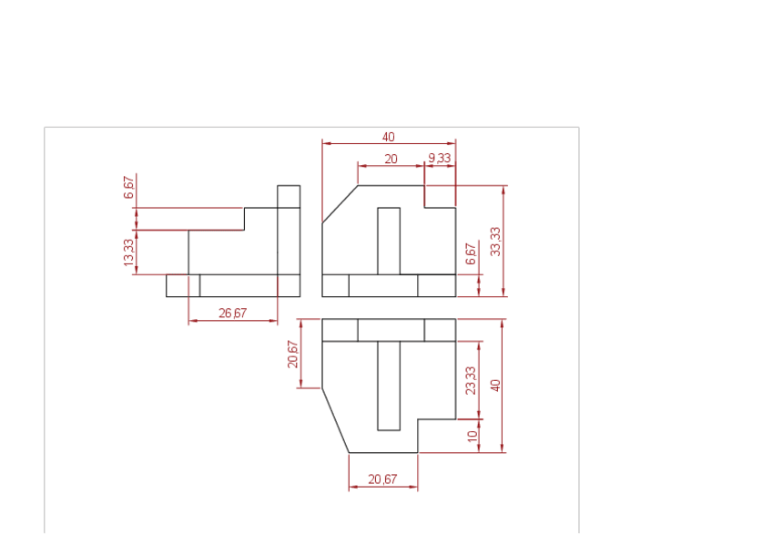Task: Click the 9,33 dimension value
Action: point(440,159)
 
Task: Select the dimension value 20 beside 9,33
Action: point(391,159)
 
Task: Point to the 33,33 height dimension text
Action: point(494,241)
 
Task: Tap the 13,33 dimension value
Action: point(128,252)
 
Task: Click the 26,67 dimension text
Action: point(232,313)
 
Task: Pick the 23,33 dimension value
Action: point(471,380)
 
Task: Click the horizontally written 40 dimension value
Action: point(389,137)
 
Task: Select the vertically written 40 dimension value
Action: point(495,385)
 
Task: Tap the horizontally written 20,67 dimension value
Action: point(382,479)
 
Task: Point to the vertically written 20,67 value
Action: point(292,354)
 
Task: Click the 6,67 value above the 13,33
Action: point(128,188)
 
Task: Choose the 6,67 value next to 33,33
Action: point(471,253)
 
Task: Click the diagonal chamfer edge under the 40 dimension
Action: point(340,204)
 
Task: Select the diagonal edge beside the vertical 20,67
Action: point(335,419)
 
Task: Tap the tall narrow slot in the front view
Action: point(389,241)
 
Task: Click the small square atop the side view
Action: point(289,196)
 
